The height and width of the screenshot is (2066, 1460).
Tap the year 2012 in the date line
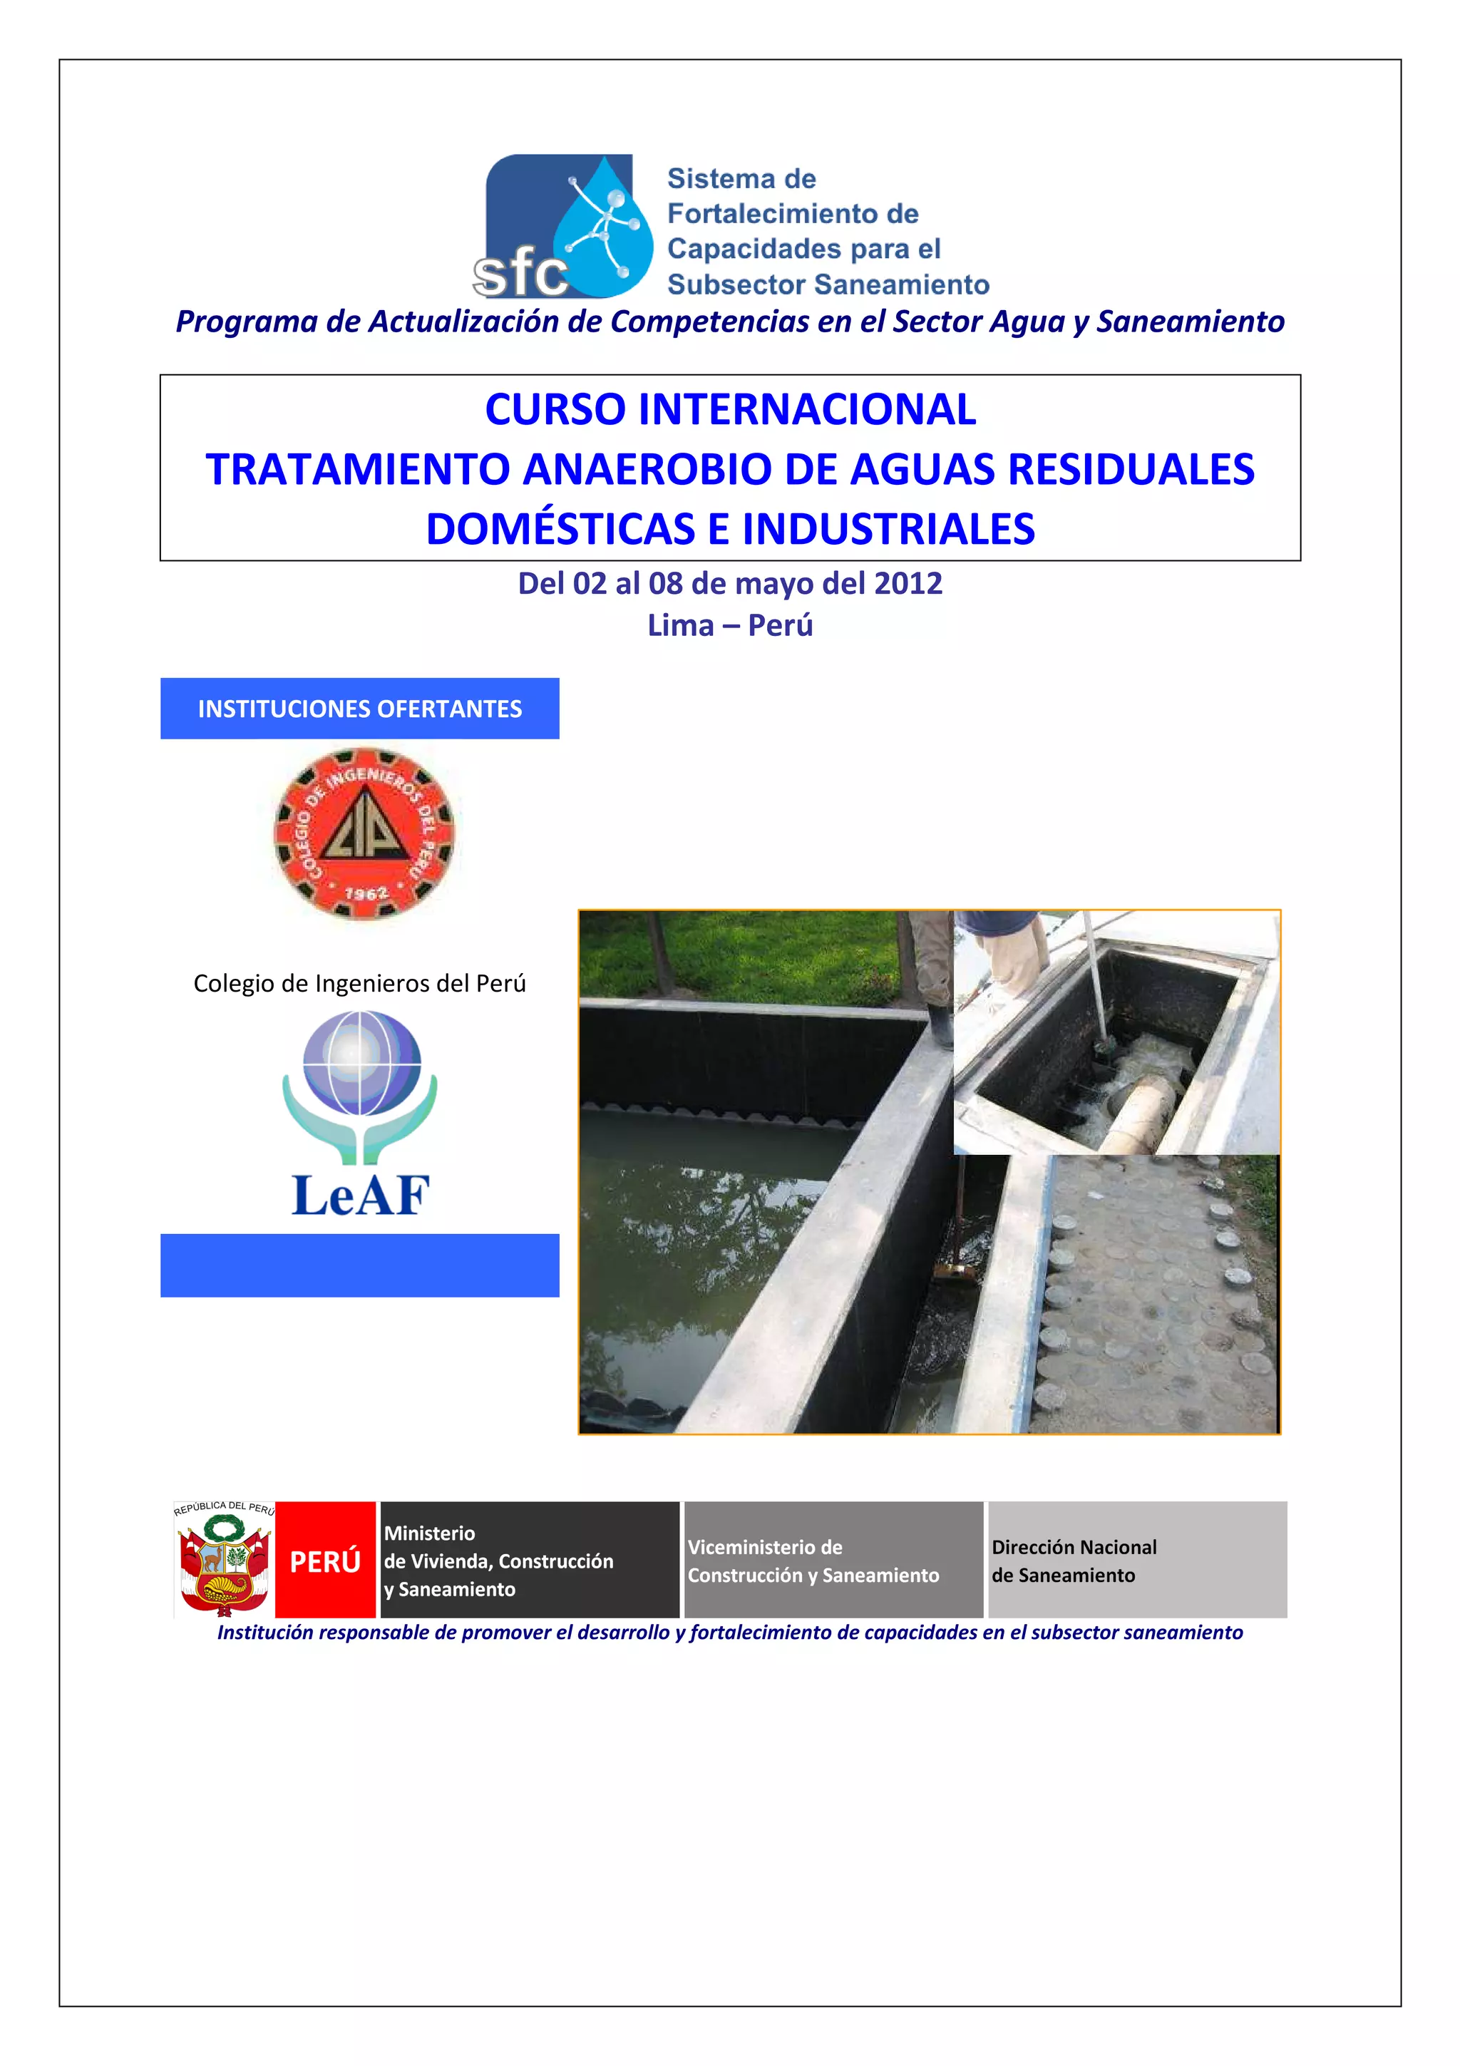(x=908, y=584)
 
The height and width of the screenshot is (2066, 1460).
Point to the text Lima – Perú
(x=729, y=625)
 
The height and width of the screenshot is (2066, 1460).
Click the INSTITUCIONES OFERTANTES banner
(x=360, y=709)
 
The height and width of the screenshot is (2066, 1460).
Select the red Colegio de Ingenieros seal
(x=364, y=833)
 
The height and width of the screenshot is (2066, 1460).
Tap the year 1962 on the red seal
(x=366, y=893)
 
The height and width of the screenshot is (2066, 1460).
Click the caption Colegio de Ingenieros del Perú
(x=360, y=984)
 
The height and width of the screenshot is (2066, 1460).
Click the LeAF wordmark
(x=361, y=1196)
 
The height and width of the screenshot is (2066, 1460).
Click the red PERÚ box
(x=325, y=1562)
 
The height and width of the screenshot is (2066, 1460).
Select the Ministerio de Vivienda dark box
(x=529, y=1561)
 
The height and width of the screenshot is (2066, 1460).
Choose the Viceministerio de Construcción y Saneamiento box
(x=833, y=1561)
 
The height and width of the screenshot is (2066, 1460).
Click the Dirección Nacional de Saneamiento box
(x=1137, y=1561)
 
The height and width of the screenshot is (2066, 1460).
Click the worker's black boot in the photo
(x=941, y=1026)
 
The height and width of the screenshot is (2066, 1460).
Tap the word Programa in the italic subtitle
(x=247, y=322)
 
